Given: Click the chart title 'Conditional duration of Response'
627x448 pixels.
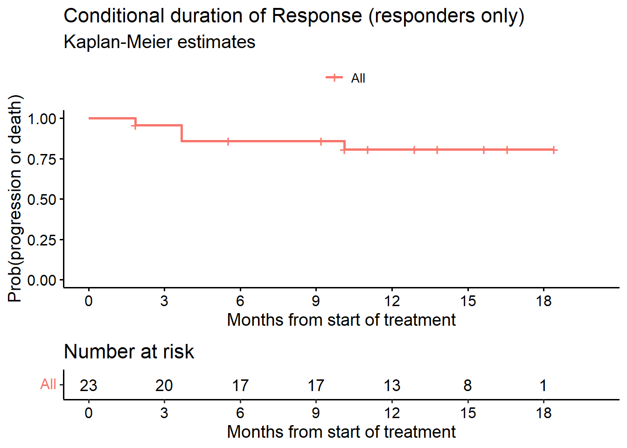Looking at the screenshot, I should tap(294, 16).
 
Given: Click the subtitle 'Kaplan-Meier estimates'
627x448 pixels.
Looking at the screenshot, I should tap(159, 42).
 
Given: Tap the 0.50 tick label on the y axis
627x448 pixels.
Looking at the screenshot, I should tap(42, 199).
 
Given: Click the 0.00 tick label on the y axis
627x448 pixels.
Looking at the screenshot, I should tap(42, 280).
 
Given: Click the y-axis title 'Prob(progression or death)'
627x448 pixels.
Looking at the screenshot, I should tap(15, 198).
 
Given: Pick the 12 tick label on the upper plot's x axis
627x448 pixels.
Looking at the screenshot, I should tap(392, 301).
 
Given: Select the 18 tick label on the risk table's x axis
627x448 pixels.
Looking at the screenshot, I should tap(543, 413).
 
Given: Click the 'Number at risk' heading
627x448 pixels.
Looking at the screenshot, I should tap(129, 352).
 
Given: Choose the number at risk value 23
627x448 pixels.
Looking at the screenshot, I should tap(88, 385).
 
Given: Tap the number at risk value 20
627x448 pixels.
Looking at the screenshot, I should tap(164, 385).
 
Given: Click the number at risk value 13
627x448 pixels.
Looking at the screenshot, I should tap(392, 385).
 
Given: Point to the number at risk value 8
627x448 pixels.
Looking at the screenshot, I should tap(467, 385).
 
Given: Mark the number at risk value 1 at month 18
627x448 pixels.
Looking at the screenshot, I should tap(543, 385).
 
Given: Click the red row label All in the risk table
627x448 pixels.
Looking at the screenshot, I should tap(48, 385).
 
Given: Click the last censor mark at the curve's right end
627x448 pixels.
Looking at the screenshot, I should tap(553, 150).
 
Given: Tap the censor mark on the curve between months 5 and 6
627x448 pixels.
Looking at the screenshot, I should tap(228, 141).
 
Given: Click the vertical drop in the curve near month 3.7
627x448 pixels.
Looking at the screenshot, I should tap(181, 133).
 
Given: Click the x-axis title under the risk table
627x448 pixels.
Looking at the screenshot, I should tap(341, 432).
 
